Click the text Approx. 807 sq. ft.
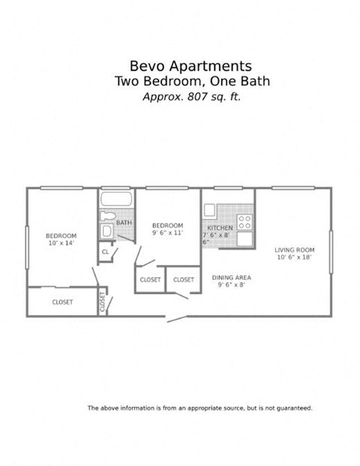coord(192,96)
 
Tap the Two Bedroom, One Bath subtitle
coord(192,81)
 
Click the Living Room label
coord(292,250)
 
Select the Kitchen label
coord(220,227)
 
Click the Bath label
coord(124,223)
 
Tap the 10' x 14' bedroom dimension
coord(61,243)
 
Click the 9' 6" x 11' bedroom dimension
coord(167,233)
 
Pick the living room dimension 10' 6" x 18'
coord(292,257)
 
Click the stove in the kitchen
coord(244,221)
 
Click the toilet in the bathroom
coord(106,216)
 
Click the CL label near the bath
coord(105,253)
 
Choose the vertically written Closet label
coord(103,302)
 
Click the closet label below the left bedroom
coord(62,302)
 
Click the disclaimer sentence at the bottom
coord(200,408)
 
